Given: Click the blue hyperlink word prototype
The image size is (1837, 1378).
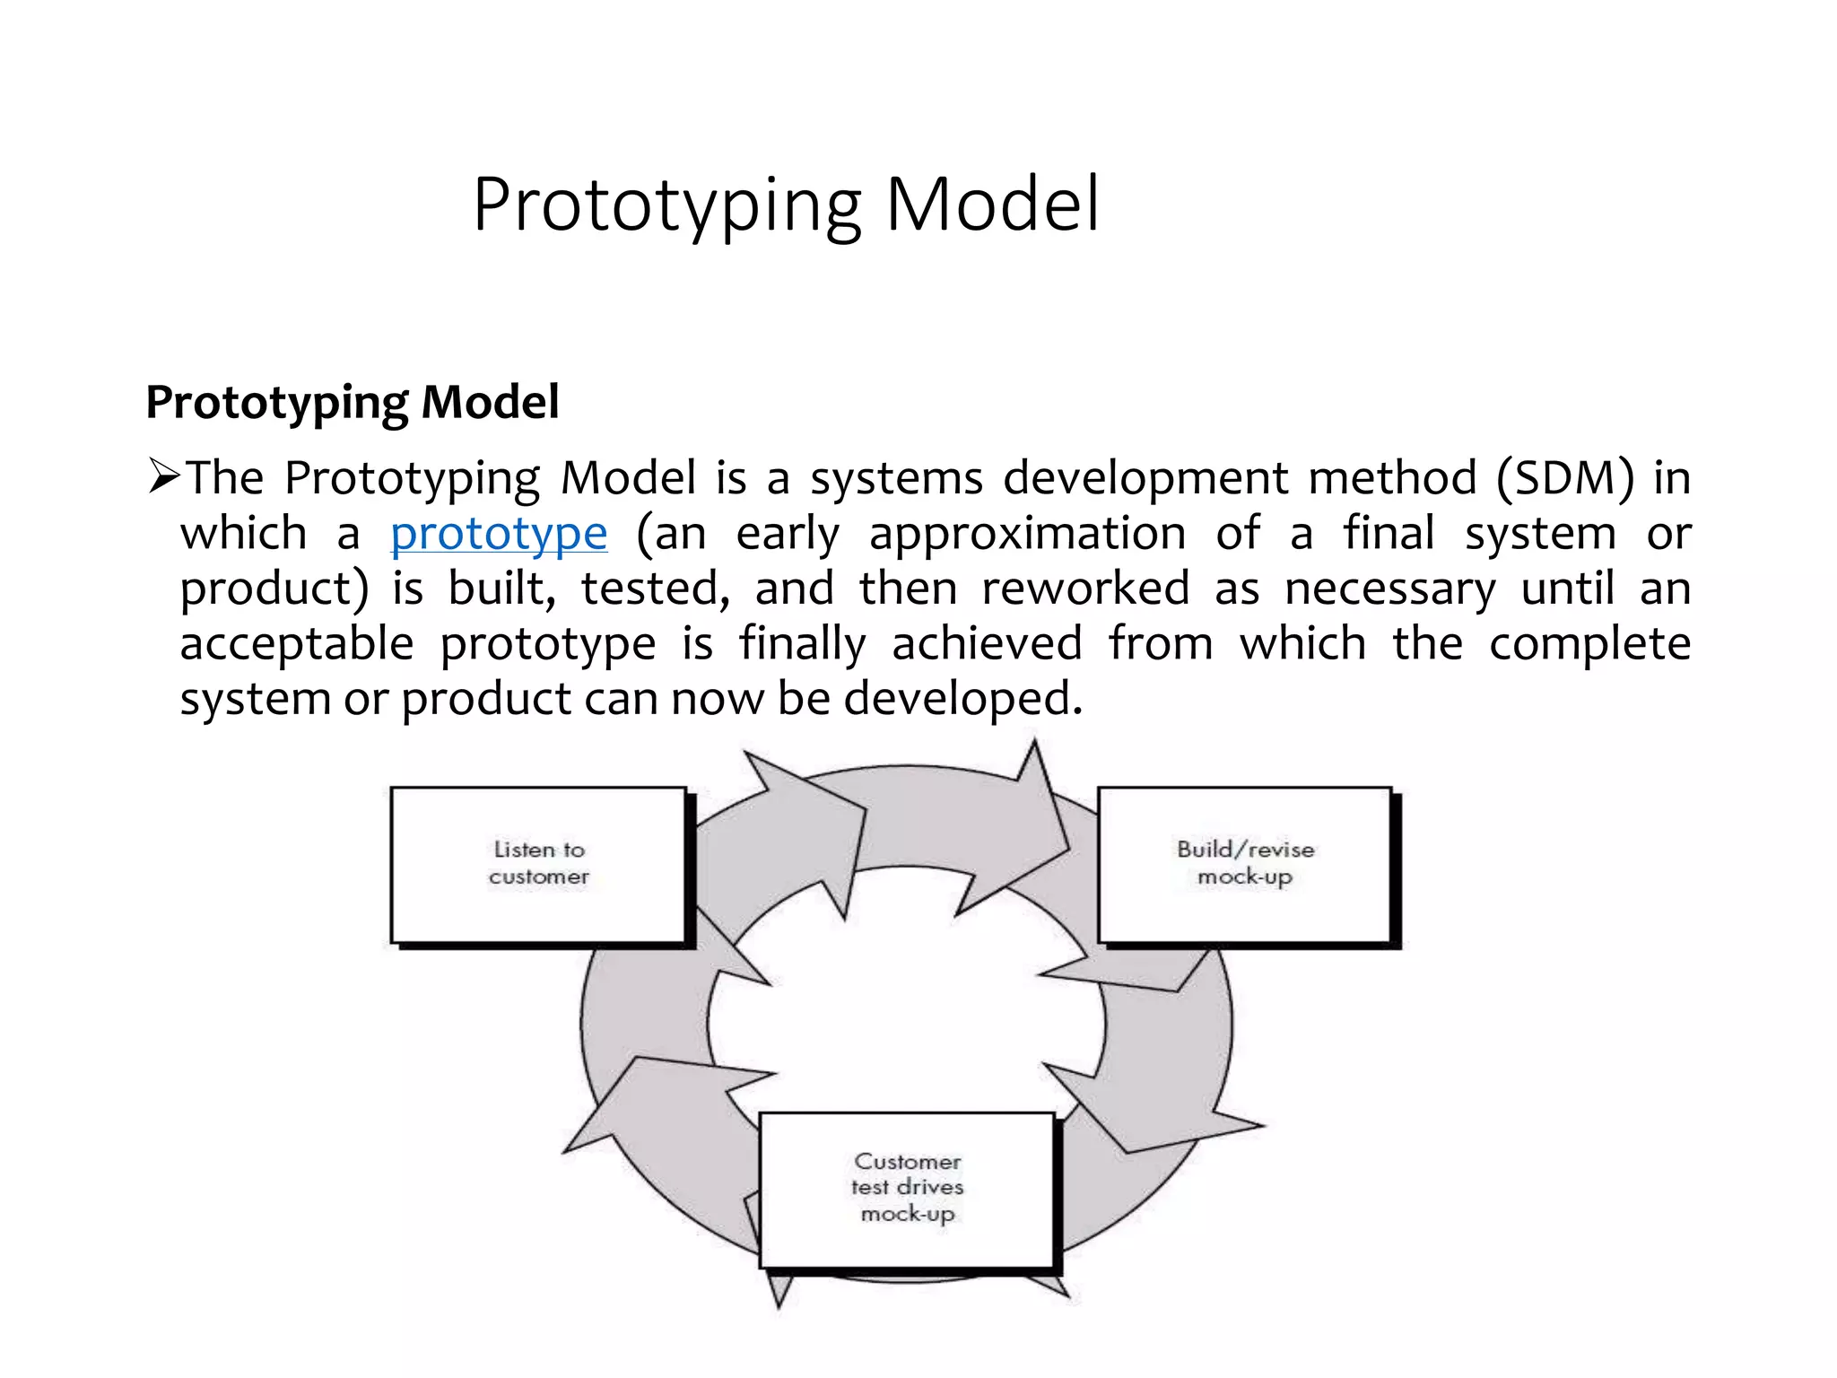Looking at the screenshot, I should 499,534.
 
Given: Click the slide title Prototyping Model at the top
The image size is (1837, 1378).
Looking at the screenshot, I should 785,205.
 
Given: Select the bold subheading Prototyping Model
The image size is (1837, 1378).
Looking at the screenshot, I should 353,401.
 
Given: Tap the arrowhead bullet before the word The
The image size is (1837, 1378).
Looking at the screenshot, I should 164,476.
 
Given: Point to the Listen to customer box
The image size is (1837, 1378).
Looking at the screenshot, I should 538,864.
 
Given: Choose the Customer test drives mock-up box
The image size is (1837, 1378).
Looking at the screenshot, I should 906,1189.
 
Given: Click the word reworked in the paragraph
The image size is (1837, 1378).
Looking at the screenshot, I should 1085,589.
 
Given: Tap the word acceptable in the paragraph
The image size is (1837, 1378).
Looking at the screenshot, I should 297,644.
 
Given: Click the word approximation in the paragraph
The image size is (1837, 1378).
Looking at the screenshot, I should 1027,534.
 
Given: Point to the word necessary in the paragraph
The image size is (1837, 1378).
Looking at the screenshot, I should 1389,589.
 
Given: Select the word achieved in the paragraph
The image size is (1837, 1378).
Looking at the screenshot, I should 987,643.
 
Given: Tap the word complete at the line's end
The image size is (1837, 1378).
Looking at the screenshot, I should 1589,644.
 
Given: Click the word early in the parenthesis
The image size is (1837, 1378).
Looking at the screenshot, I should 787,535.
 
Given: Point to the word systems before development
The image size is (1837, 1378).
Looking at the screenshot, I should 896,477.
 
